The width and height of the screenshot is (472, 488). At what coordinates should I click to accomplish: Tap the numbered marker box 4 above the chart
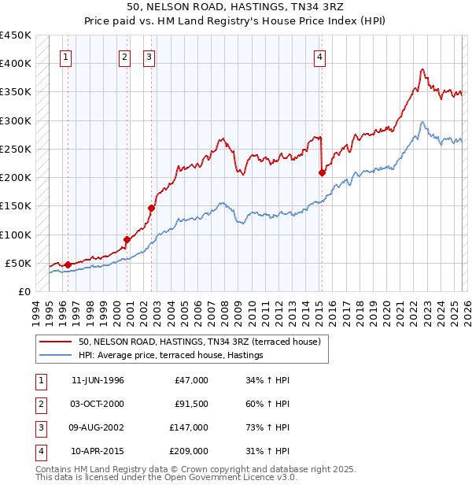pos(320,56)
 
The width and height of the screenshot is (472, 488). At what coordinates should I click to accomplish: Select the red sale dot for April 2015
pos(322,172)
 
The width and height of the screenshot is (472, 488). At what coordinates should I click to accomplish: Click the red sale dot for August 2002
pos(151,208)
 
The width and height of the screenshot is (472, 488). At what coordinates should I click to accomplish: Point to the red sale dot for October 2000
pos(126,239)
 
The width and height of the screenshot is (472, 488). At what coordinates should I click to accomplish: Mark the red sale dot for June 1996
pos(68,264)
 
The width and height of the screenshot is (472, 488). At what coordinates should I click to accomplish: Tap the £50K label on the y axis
pos(18,263)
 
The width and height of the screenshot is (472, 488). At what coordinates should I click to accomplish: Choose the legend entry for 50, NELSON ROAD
pos(199,342)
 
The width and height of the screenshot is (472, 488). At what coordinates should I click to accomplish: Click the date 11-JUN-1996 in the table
pos(98,380)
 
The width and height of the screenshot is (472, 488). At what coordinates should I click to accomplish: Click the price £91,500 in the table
pos(191,404)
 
